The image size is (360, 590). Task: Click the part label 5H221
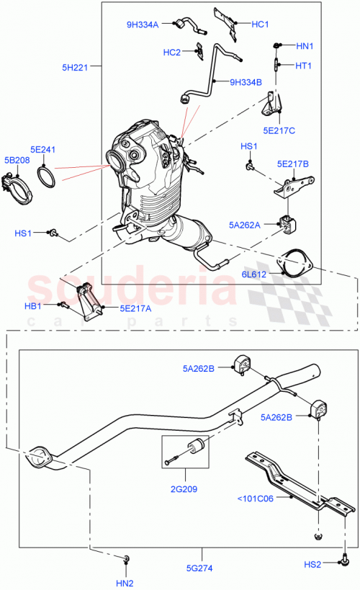[74, 68]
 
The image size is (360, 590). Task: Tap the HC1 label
[260, 24]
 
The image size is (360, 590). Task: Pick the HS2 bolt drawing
[345, 559]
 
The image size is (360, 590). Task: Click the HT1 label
[304, 66]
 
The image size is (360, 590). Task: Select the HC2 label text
[171, 52]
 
